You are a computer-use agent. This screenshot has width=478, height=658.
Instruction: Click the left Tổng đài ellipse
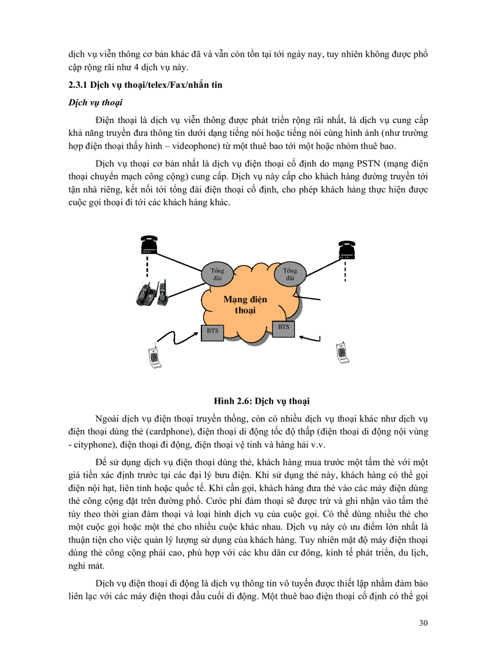217,274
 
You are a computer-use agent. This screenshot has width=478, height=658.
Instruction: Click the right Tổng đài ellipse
290,274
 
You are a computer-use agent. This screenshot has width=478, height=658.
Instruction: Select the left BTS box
213,331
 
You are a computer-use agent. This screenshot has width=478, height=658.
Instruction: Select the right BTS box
284,327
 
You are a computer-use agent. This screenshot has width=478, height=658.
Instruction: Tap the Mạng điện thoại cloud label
245,305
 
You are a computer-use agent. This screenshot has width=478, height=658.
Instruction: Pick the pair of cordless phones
152,294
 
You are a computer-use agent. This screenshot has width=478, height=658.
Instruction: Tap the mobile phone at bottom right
342,352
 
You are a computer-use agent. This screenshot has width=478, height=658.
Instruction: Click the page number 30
423,622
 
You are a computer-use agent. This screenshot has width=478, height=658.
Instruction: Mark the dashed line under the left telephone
148,271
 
